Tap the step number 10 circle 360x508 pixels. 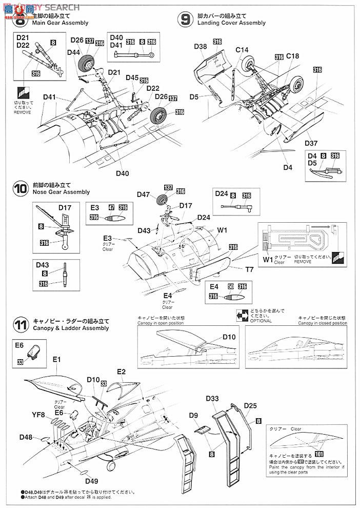click(x=21, y=188)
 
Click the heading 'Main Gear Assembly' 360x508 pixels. click(x=60, y=23)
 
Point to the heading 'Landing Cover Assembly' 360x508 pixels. click(x=231, y=23)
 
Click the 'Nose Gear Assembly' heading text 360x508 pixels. click(x=61, y=192)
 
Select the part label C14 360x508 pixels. click(x=242, y=49)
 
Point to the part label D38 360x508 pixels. click(x=201, y=47)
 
